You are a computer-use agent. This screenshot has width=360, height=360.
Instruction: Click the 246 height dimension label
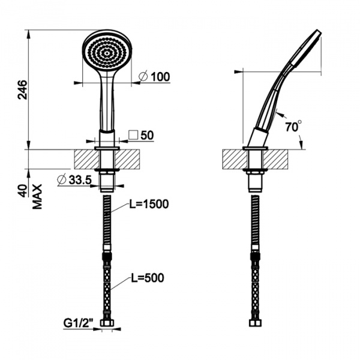coord(22,90)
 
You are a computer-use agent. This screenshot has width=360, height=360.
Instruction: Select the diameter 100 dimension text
coord(155,76)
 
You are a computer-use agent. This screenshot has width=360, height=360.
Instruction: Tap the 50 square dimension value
coord(147,135)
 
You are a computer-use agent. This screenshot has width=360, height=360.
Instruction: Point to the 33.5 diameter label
coord(74,180)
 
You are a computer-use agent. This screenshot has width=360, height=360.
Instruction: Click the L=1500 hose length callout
coord(149,204)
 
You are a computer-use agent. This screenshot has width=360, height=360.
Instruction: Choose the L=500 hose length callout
coord(148,278)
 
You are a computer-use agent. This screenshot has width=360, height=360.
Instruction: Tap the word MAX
coord(37,197)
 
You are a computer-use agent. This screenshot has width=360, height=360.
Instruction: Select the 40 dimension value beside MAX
coord(23,191)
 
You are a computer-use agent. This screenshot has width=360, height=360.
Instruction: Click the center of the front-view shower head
coord(107,53)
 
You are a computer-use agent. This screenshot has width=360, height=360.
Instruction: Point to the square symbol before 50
coord(133,135)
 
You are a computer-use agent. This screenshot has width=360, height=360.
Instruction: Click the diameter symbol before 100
coord(143,76)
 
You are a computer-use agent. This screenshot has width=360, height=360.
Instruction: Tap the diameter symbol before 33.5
coord(62,180)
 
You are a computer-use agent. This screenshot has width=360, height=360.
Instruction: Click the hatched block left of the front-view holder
coord(87,160)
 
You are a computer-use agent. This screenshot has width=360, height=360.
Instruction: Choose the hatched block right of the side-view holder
coord(275,160)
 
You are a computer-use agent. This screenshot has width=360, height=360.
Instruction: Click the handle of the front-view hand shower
coord(107,101)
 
